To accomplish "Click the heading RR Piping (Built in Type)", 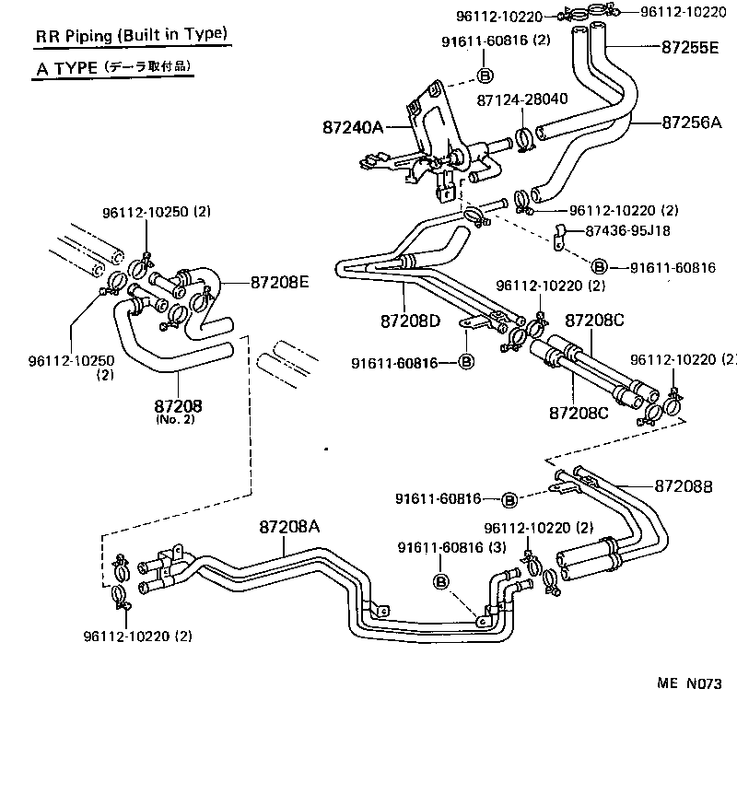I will (130, 36).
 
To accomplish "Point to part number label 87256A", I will (690, 121).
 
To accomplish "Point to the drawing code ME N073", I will (687, 683).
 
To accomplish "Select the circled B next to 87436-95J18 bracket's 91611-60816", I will (599, 267).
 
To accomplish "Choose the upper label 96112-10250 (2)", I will (156, 212).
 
